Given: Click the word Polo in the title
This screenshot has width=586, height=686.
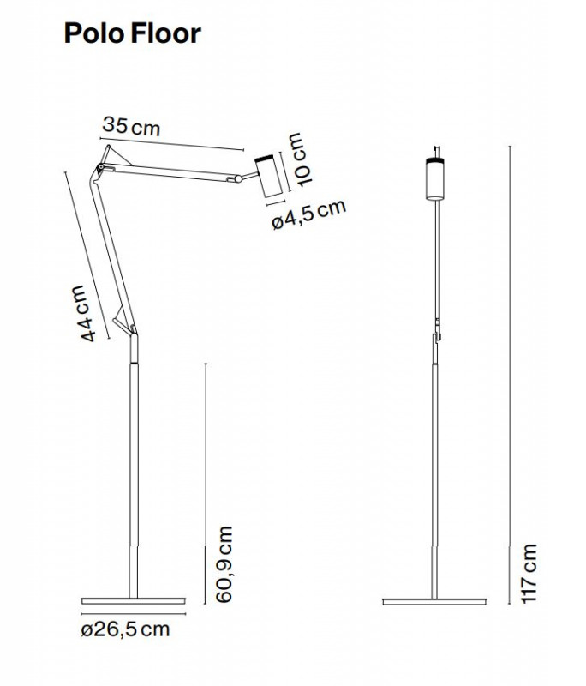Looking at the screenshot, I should [x=93, y=33].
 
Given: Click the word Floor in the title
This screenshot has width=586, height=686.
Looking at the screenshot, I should [x=166, y=33].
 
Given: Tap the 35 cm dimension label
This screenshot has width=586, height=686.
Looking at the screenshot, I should [x=131, y=126].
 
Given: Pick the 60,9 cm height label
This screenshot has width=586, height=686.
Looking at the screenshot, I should [x=224, y=565].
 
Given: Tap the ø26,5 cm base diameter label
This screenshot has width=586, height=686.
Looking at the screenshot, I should [x=125, y=630].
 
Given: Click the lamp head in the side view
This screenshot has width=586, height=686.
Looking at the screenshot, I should [x=266, y=175].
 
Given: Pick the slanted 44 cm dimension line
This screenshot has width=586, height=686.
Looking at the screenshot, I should [x=86, y=249].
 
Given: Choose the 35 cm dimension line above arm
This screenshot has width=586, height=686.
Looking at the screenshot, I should [x=171, y=141].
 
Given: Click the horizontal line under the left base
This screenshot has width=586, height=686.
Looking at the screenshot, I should [x=133, y=614].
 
